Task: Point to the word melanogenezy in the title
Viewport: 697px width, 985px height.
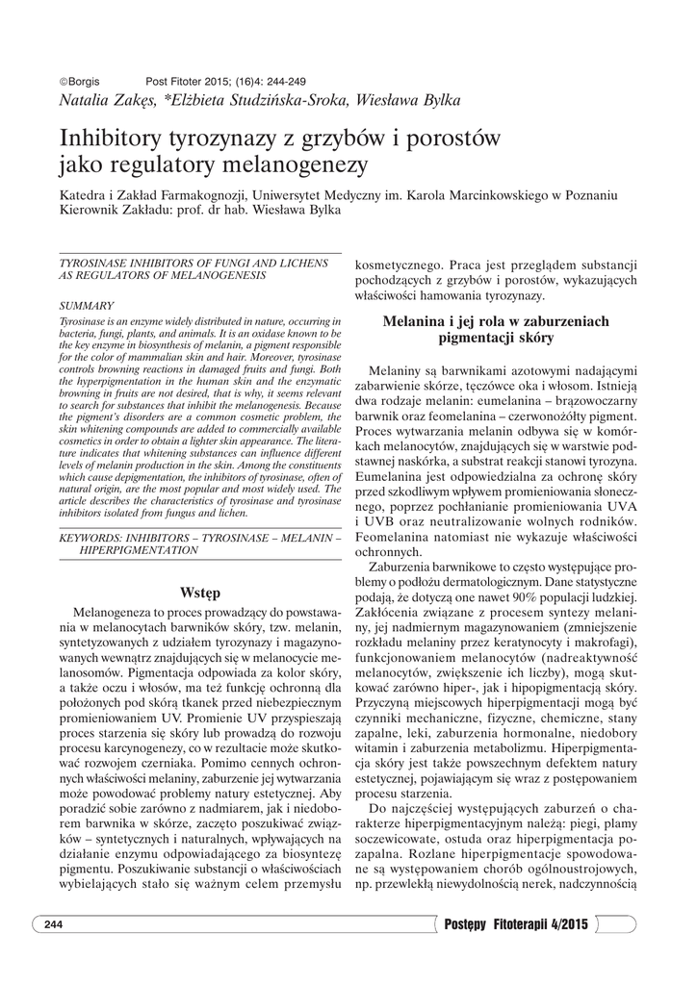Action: pyautogui.click(x=292, y=164)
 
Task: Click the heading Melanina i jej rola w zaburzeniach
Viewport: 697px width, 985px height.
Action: pyautogui.click(x=496, y=322)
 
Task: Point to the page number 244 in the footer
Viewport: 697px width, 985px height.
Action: pyautogui.click(x=53, y=924)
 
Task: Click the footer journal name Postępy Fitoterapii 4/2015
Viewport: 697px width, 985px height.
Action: pyautogui.click(x=515, y=924)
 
